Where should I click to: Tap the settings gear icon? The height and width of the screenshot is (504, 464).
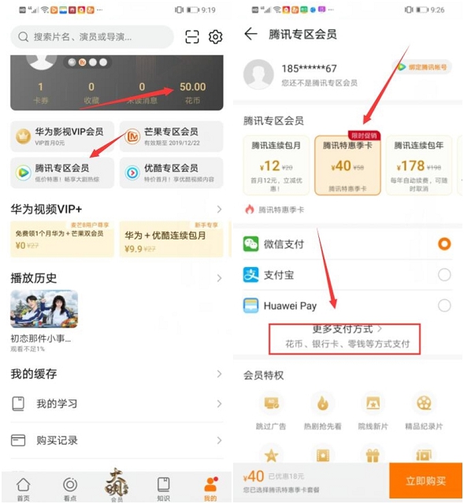(x=215, y=37)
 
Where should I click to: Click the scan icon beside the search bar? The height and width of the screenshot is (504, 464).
(x=192, y=37)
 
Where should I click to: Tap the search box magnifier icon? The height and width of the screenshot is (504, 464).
(x=23, y=37)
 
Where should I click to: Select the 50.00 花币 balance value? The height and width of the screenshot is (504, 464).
(x=192, y=87)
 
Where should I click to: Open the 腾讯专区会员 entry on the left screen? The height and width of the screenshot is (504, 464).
(x=61, y=172)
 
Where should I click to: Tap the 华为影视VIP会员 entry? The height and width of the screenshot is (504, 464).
(x=61, y=136)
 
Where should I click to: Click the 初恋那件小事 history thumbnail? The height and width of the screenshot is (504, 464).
(x=43, y=309)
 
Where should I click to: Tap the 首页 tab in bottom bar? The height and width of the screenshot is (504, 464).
(x=24, y=487)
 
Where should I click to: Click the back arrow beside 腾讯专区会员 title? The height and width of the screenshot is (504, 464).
(x=251, y=34)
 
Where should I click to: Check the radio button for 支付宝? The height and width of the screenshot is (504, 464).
(x=444, y=275)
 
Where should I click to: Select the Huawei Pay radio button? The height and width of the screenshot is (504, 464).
(x=444, y=306)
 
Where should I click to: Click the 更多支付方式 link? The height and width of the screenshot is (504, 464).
(x=347, y=328)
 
